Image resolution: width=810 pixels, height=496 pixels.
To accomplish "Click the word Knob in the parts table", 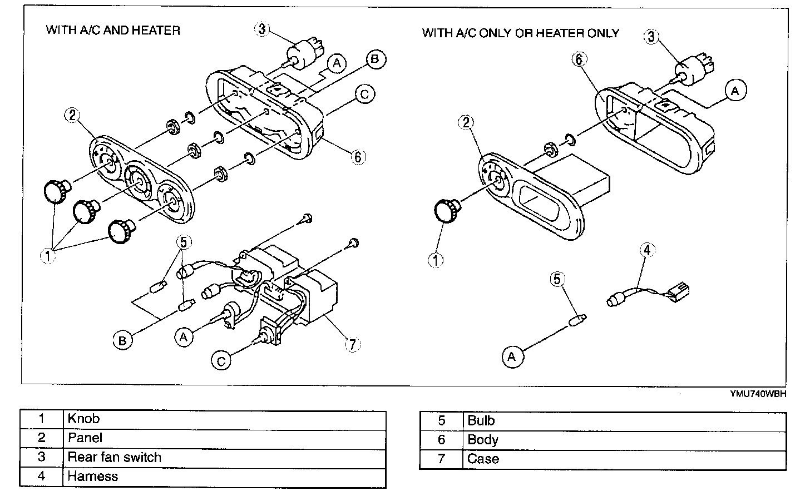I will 83,419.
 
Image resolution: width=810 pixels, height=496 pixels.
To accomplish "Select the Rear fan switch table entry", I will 114,457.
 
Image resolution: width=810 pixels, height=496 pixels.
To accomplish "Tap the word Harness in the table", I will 93,476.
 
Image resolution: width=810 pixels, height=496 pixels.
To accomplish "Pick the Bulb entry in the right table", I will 481,420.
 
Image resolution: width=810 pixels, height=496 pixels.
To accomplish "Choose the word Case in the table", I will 483,459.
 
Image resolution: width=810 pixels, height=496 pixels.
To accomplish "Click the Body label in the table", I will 483,440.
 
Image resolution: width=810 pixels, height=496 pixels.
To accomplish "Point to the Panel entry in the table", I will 85,438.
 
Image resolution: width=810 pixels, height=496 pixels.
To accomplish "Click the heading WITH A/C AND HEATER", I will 113,30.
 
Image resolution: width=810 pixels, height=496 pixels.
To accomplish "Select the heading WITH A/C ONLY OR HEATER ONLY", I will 520,33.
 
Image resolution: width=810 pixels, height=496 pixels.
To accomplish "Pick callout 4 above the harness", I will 646,250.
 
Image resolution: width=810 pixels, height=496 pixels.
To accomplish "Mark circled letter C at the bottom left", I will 221,361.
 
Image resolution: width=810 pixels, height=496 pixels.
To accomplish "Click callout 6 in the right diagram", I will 579,59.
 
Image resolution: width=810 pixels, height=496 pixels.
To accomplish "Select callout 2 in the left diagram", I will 72,115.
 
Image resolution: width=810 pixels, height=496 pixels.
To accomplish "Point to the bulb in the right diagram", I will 575,321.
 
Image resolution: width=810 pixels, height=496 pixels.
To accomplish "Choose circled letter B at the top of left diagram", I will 376,59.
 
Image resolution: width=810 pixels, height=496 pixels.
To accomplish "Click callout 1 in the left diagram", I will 48,256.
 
